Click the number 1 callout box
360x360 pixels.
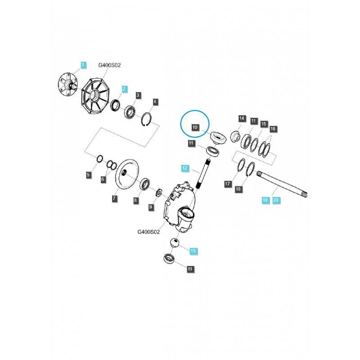coord(82,65)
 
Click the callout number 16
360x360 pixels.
coord(272,129)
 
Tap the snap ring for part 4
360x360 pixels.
coord(148,122)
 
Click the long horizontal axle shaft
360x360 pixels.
coord(283,186)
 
